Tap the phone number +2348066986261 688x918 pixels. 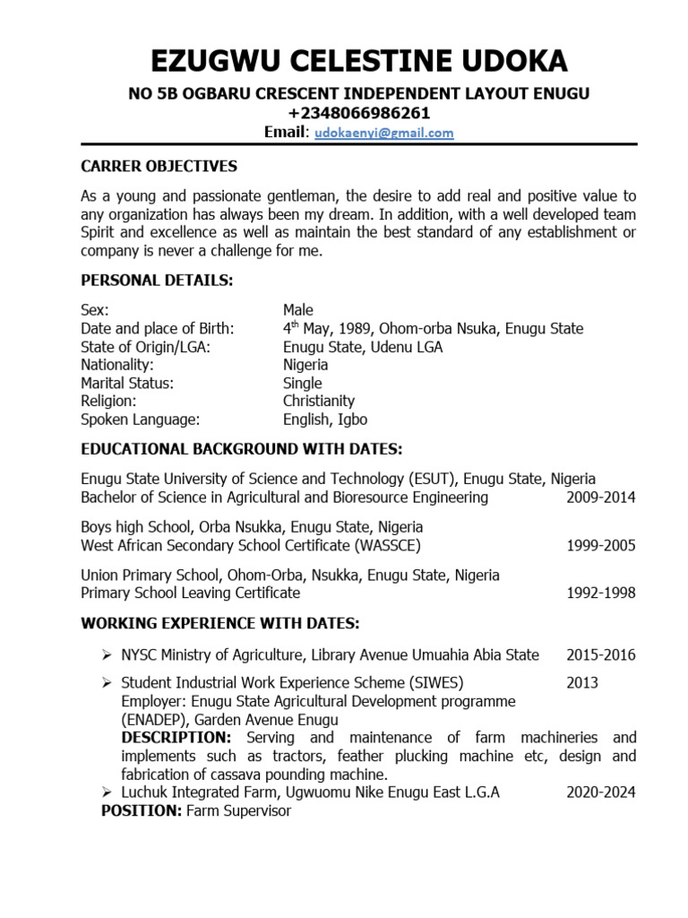358,113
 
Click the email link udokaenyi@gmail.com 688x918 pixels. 384,133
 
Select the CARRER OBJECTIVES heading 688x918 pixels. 159,166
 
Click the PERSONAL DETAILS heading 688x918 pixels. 157,281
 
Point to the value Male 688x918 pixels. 298,310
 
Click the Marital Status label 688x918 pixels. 127,383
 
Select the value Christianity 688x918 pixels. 319,401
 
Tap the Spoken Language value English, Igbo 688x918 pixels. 325,420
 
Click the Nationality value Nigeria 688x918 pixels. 305,365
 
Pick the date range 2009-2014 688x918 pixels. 601,498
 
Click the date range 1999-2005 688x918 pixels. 601,545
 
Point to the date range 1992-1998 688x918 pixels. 601,593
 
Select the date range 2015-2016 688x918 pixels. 601,654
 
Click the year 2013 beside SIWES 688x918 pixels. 582,683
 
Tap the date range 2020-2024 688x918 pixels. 601,792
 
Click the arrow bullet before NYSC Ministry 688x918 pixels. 107,655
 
